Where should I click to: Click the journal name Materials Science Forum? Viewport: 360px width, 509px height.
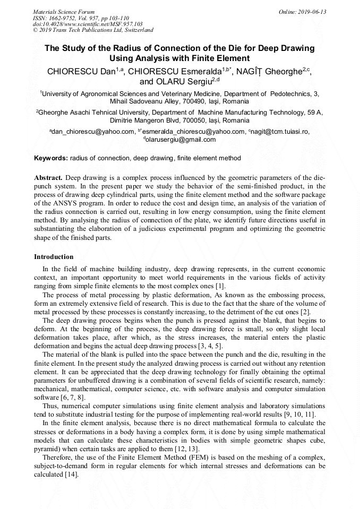point(64,12)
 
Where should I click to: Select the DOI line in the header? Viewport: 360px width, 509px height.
point(88,24)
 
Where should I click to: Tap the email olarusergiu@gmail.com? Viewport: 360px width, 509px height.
point(182,140)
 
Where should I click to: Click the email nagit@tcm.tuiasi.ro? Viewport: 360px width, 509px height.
point(279,132)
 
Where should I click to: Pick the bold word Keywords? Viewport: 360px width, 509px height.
point(51,158)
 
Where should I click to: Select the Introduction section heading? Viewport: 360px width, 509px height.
point(54,257)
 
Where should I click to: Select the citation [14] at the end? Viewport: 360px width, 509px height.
point(71,475)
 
